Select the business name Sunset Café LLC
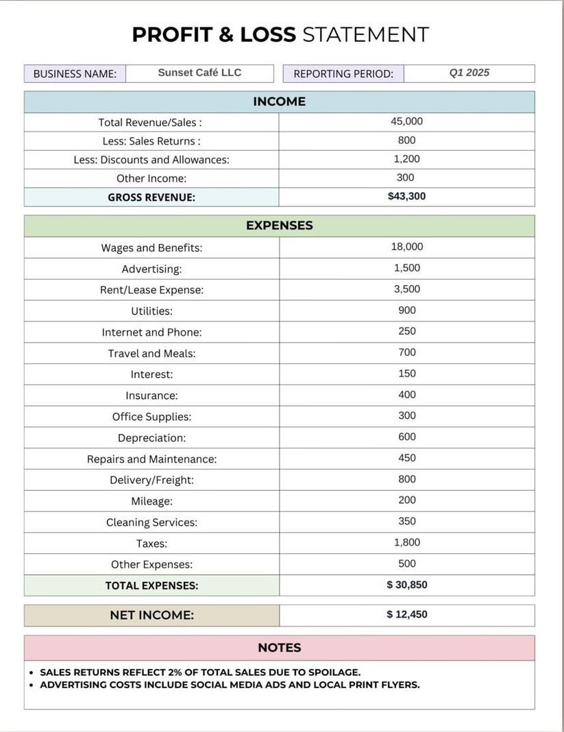pyautogui.click(x=199, y=73)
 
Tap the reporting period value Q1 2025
pyautogui.click(x=469, y=73)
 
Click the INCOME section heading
pyautogui.click(x=279, y=101)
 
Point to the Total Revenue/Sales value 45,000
pyautogui.click(x=406, y=121)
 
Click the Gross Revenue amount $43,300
pyautogui.click(x=406, y=196)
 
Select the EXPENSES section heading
pyautogui.click(x=279, y=225)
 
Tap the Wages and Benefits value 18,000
pyautogui.click(x=406, y=247)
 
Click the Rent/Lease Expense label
pyautogui.click(x=151, y=290)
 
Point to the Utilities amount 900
pyautogui.click(x=406, y=310)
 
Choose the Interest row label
pyautogui.click(x=151, y=374)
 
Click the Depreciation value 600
pyautogui.click(x=406, y=437)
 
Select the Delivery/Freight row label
pyautogui.click(x=151, y=480)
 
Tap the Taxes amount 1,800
pyautogui.click(x=406, y=542)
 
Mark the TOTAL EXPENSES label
pyautogui.click(x=151, y=585)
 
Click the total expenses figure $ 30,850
pyautogui.click(x=406, y=585)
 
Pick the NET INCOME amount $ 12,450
pyautogui.click(x=406, y=614)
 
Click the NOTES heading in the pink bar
pyautogui.click(x=279, y=648)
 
